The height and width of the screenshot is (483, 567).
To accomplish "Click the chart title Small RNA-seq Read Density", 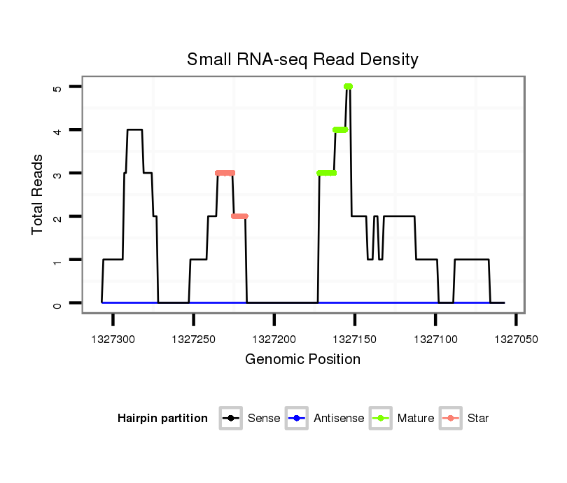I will [x=302, y=59].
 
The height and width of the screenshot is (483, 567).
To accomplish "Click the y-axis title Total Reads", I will [x=38, y=195].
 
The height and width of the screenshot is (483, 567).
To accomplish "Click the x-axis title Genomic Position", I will [x=302, y=360].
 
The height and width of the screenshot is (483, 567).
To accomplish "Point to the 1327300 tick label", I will [x=113, y=339].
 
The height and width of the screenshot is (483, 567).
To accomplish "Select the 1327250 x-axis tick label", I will [x=193, y=339].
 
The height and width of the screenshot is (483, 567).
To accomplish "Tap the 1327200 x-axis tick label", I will [x=274, y=339].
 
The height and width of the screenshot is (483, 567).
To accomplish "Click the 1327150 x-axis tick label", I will [x=355, y=339].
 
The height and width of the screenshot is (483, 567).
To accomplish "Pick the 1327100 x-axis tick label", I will [x=435, y=339].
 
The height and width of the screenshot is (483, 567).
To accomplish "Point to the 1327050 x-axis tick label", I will [x=516, y=339].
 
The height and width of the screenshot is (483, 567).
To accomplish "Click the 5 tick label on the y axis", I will [x=57, y=87].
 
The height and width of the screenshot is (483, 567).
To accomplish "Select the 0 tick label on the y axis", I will [x=57, y=303].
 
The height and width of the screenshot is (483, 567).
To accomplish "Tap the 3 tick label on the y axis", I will [x=57, y=173].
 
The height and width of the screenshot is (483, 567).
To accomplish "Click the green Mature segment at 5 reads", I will [x=348, y=87].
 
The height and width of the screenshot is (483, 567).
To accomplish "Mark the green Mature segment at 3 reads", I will [x=326, y=173].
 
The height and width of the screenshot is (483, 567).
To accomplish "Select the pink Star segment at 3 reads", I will [x=225, y=173].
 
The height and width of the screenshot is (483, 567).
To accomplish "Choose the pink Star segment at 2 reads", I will [x=239, y=216].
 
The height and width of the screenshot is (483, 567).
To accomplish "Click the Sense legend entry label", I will [x=264, y=419].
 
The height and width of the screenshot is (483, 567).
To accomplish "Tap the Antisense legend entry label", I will [x=339, y=419].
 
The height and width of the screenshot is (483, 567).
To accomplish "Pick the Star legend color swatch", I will [x=451, y=419].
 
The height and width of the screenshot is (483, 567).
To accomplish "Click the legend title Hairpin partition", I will [x=162, y=419].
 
